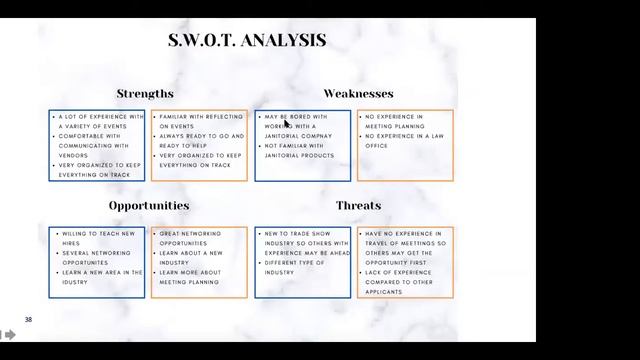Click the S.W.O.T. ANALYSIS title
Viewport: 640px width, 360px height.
click(247, 41)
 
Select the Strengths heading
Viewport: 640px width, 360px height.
click(145, 94)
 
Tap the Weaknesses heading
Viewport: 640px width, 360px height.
click(358, 94)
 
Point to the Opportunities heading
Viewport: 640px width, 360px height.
click(149, 206)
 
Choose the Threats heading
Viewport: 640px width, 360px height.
click(358, 206)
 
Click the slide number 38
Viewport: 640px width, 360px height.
click(29, 320)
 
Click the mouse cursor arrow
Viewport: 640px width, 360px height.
click(288, 125)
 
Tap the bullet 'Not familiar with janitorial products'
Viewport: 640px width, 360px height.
click(300, 151)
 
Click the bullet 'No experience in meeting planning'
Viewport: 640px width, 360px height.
click(394, 122)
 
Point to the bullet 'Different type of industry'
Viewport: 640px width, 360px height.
click(295, 267)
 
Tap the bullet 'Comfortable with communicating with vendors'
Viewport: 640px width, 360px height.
click(101, 141)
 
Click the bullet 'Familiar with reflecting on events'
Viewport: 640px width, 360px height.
click(200, 122)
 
